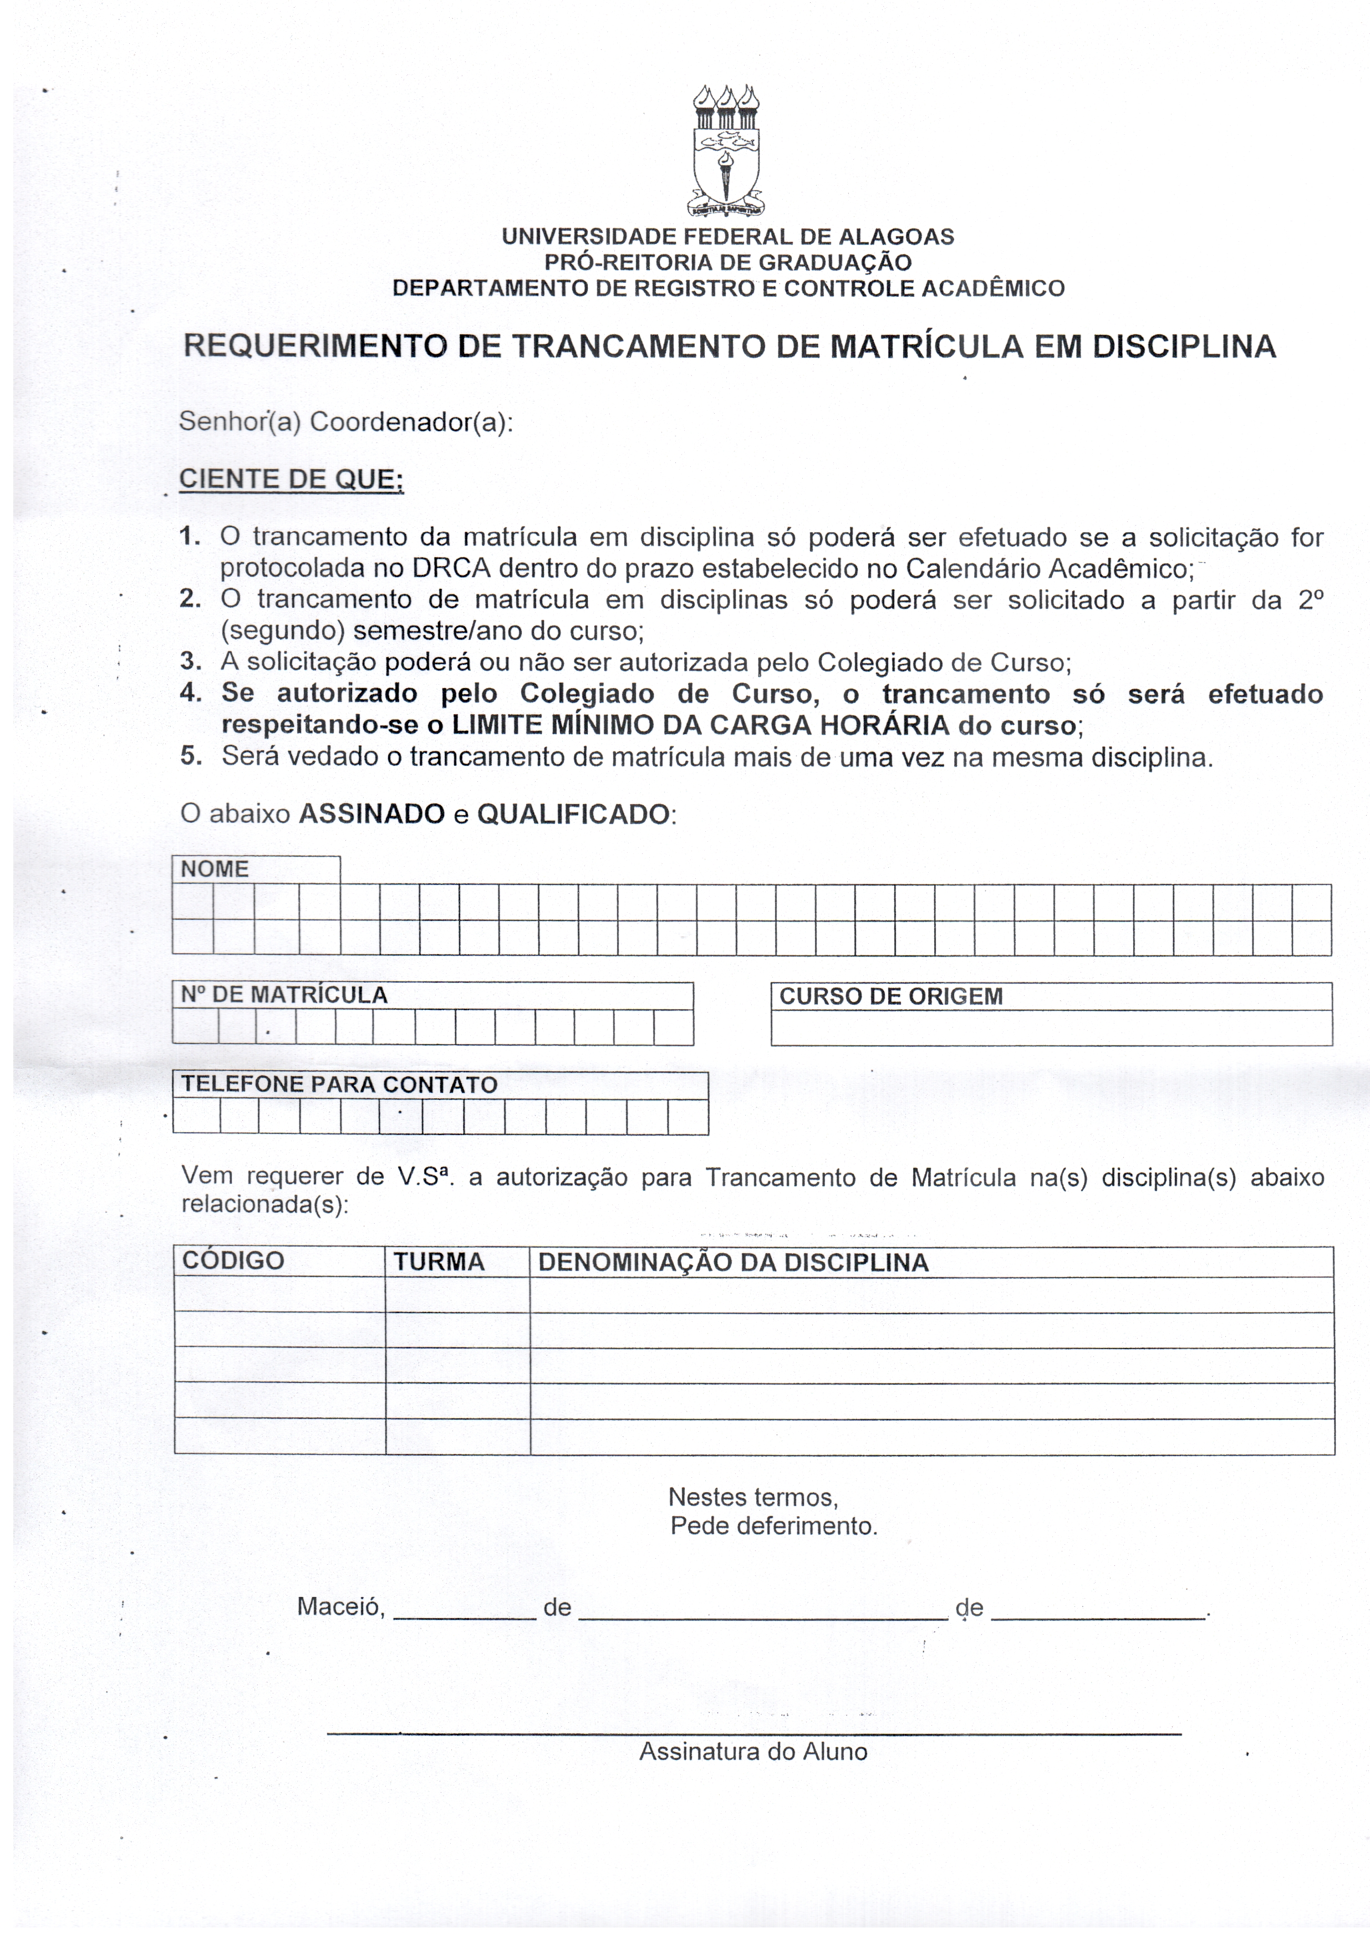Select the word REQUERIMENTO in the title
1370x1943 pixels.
click(x=314, y=347)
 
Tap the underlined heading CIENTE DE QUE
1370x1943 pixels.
click(x=291, y=479)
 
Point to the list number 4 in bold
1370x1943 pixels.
click(x=190, y=693)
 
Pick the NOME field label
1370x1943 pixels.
click(x=215, y=869)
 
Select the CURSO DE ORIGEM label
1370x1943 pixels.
click(x=890, y=996)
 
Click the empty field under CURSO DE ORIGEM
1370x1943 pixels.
click(x=1051, y=1028)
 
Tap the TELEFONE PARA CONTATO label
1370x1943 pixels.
click(x=339, y=1085)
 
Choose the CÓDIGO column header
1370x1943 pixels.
click(x=233, y=1261)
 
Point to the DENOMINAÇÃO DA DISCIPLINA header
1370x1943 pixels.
click(x=733, y=1263)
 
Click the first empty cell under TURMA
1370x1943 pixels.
click(x=457, y=1295)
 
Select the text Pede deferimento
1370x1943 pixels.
click(x=773, y=1526)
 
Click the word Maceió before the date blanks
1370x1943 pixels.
click(x=341, y=1607)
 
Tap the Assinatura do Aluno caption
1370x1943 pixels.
click(x=753, y=1751)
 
